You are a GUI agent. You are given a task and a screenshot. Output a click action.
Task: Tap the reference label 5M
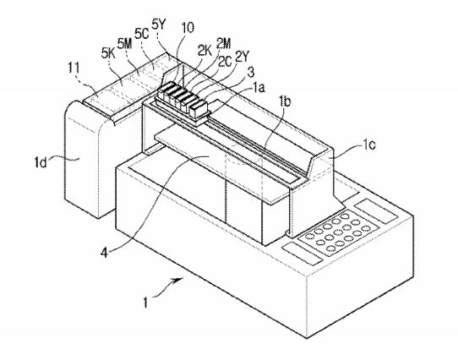pyautogui.click(x=125, y=44)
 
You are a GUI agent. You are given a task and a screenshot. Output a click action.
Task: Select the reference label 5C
pyautogui.click(x=141, y=34)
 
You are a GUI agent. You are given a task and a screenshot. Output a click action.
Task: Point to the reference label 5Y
pyautogui.click(x=159, y=25)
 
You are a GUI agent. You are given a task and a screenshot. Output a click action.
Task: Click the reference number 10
pyautogui.click(x=188, y=28)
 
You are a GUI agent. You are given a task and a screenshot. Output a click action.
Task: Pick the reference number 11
pyautogui.click(x=74, y=68)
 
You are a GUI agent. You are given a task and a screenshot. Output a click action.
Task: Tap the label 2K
pyautogui.click(x=204, y=52)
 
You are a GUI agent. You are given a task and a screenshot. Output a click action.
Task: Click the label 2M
pyautogui.click(x=223, y=44)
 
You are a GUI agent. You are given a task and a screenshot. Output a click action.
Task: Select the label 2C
pyautogui.click(x=226, y=62)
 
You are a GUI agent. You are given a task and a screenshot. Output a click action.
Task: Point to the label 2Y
pyautogui.click(x=241, y=57)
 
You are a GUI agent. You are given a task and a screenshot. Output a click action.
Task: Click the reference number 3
pyautogui.click(x=251, y=73)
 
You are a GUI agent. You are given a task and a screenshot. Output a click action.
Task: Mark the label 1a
pyautogui.click(x=259, y=87)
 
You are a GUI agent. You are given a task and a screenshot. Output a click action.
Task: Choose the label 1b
pyautogui.click(x=285, y=102)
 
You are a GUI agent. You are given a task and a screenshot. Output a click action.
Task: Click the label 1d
pyautogui.click(x=40, y=162)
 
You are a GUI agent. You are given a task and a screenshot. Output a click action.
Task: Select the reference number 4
pyautogui.click(x=104, y=252)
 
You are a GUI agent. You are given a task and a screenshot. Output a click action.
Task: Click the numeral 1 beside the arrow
pyautogui.click(x=145, y=303)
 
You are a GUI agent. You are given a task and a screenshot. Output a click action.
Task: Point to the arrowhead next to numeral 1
pyautogui.click(x=179, y=281)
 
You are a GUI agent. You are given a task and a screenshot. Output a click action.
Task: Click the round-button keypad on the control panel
pyautogui.click(x=338, y=232)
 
